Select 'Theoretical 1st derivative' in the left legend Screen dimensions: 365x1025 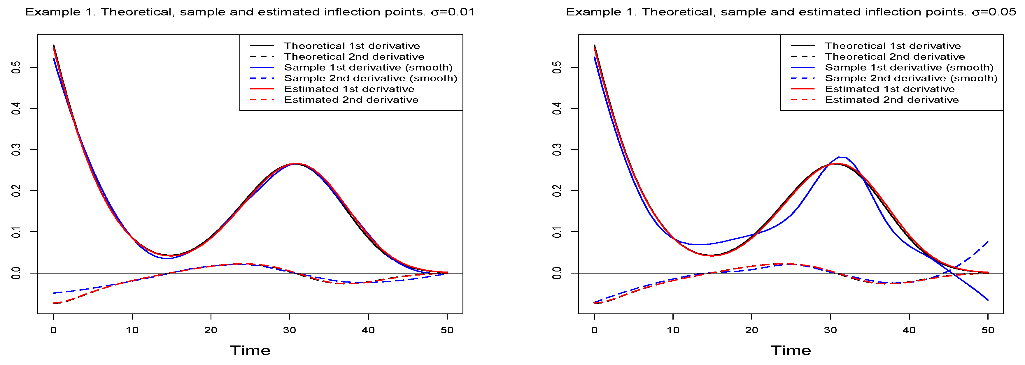352,46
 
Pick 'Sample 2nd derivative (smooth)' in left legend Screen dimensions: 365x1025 370,78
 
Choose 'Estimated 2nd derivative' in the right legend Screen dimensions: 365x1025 891,100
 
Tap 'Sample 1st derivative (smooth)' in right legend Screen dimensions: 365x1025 909,68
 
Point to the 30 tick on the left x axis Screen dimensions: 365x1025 290,330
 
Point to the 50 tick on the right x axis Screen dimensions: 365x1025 988,330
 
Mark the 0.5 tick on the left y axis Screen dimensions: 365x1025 16,68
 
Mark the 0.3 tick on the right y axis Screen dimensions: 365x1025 557,149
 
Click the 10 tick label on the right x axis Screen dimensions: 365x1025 673,330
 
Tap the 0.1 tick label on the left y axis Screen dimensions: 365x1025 16,232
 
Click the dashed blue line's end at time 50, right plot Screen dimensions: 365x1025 988,242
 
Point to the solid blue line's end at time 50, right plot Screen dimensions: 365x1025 988,300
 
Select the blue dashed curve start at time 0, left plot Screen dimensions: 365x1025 54,293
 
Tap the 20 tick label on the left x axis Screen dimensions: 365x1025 211,330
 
